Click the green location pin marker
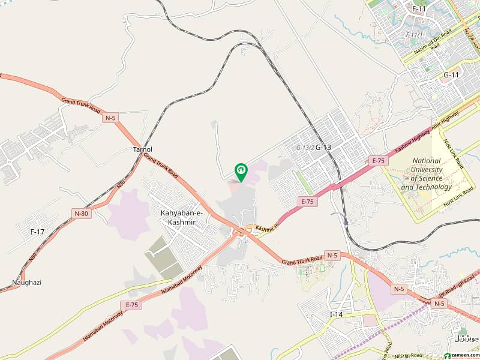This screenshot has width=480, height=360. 241,172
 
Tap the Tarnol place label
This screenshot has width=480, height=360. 143,149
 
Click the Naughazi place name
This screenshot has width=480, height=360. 26,283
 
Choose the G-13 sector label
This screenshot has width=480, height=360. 323,147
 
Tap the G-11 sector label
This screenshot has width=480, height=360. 451,75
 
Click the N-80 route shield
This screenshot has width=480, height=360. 80,213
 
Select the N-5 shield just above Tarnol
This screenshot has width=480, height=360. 110,117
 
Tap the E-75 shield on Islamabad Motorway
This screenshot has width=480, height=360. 132,305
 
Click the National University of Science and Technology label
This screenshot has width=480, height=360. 426,174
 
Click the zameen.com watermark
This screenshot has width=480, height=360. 455,354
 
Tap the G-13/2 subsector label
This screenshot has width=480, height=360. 305,148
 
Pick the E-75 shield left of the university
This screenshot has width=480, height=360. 378,160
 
